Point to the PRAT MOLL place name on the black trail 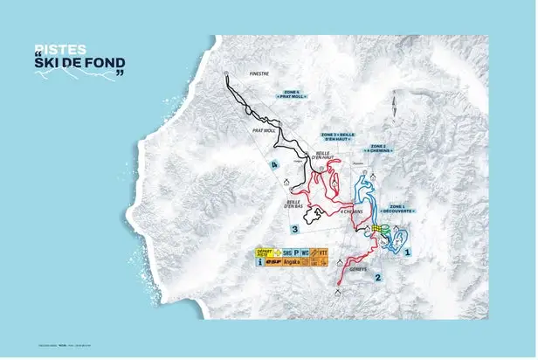click(263, 132)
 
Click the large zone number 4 click(273, 163)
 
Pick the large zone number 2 click(377, 278)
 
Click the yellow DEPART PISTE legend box click(264, 253)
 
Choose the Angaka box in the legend click(290, 262)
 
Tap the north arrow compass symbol click(395, 109)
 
